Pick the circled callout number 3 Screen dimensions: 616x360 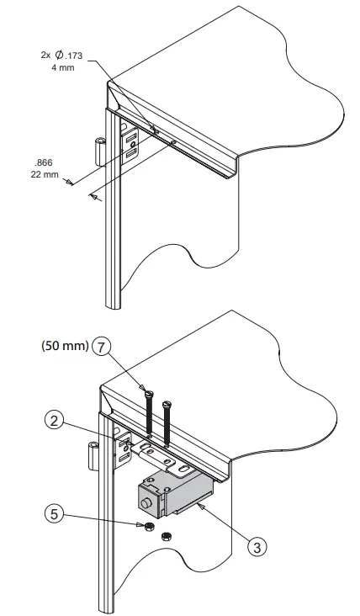pyautogui.click(x=258, y=545)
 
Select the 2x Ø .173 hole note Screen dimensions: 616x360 pyautogui.click(x=63, y=54)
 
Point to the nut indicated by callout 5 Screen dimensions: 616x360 pyautogui.click(x=146, y=527)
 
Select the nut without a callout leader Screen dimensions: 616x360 pyautogui.click(x=167, y=534)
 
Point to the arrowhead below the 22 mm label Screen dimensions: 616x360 pyautogui.click(x=94, y=197)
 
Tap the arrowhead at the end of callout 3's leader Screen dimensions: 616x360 pyautogui.click(x=198, y=507)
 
